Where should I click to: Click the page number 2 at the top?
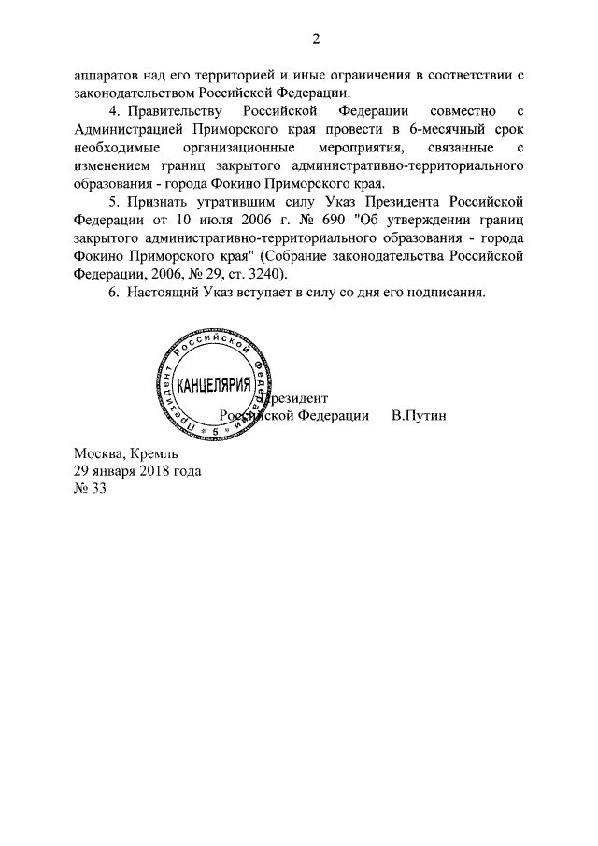317,39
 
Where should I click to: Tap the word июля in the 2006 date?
208,221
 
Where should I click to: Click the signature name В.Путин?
419,415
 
